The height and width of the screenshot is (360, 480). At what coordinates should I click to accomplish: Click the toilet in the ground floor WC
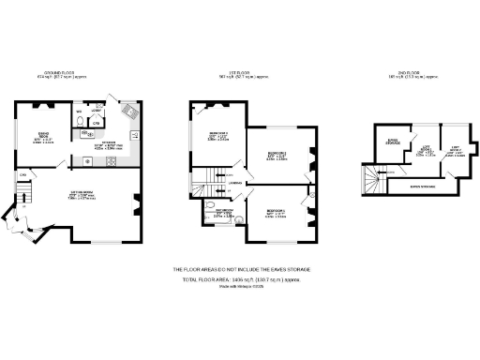point(78,120)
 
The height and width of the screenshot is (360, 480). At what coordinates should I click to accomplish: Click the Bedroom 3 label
point(276,213)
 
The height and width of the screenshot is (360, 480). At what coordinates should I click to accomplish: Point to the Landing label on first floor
point(238,184)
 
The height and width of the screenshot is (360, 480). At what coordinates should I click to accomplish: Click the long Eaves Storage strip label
point(427,186)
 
